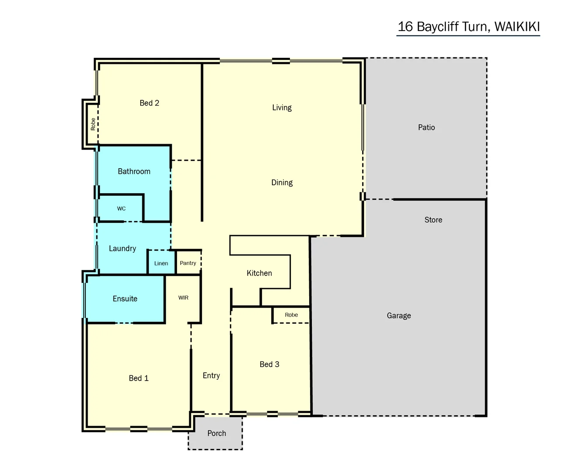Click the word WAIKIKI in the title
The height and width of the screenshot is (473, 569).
coord(517,27)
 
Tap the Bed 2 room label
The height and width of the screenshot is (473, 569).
coord(149,103)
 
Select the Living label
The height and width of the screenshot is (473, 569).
coord(282,108)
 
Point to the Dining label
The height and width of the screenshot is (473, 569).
coord(282,183)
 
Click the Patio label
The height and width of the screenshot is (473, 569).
coord(426,127)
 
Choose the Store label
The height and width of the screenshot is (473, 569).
coord(433,220)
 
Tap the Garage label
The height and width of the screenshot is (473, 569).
coord(399,315)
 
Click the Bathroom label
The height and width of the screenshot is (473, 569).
coord(134,172)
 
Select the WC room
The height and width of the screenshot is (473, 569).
coord(121,209)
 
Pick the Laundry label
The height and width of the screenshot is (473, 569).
coord(122,249)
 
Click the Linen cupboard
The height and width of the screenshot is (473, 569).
coord(161,263)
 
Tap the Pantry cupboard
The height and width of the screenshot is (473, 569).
coord(188,263)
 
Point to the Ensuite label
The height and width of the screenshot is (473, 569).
coord(125,299)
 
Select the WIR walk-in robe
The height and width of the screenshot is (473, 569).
coord(183,298)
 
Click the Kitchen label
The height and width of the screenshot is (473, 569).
coord(259,273)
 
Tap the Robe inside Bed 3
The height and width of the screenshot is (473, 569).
coord(291,315)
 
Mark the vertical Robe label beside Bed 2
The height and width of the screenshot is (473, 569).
coord(93,124)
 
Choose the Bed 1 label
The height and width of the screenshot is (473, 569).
coord(138,378)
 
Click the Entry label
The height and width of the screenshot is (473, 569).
coord(211,376)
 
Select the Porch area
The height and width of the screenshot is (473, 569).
coord(216,433)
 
